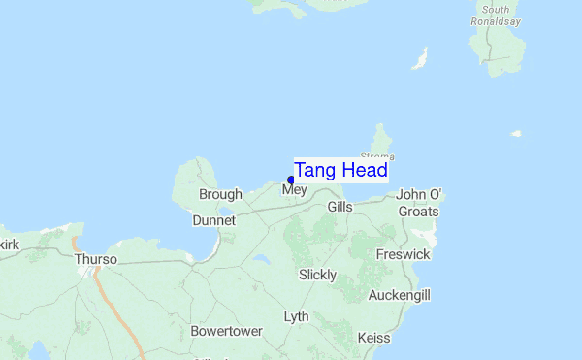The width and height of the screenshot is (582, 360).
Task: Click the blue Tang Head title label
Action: click(340, 170)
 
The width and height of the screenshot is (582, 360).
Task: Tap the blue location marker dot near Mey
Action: click(291, 180)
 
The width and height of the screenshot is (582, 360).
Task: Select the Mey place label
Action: click(294, 191)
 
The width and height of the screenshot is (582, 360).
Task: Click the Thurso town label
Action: click(95, 260)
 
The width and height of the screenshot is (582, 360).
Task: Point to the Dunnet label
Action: click(213, 220)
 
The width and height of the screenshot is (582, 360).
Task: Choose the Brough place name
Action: click(220, 195)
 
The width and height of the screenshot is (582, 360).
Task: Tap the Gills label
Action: click(339, 208)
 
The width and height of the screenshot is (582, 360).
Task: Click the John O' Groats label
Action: click(418, 203)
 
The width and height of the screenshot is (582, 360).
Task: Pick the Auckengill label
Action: click(399, 295)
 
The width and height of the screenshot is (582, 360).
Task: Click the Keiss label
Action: click(373, 338)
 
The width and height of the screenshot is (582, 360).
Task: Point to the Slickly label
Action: click(317, 275)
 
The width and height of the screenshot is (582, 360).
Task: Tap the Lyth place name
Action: click(296, 317)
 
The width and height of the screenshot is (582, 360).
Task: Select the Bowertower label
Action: click(226, 331)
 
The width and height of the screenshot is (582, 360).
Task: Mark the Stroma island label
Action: click(377, 155)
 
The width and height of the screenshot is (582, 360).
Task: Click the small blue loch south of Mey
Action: click(260, 260)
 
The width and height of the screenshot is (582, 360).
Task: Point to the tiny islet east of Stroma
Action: click(517, 133)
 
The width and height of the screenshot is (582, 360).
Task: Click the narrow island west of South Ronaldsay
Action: click(420, 59)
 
